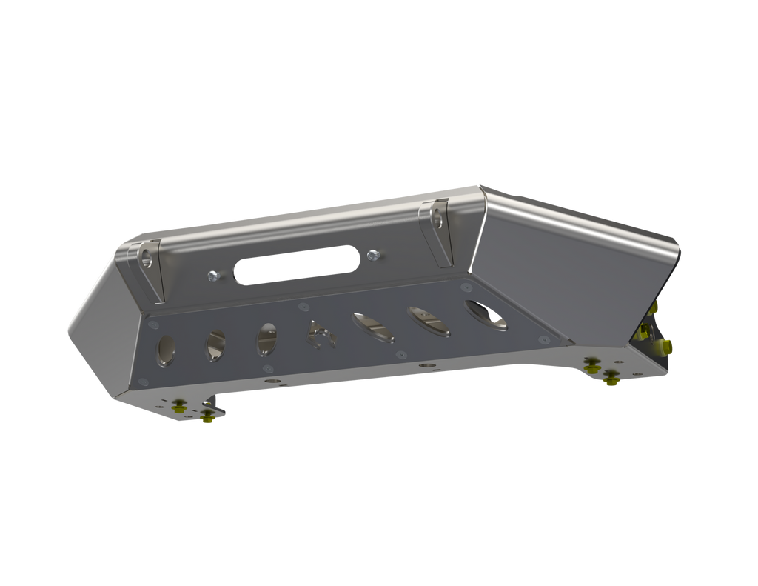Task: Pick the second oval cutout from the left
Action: (217, 344)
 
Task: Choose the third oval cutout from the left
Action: (266, 338)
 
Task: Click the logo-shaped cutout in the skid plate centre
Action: (321, 334)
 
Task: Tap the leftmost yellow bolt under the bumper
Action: (178, 405)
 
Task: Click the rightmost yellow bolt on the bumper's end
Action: (669, 344)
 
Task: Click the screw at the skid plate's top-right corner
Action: (466, 285)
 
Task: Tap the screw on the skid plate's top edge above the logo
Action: (301, 304)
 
